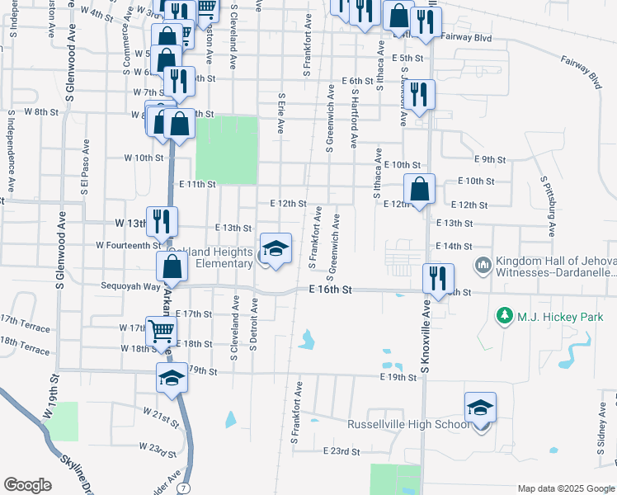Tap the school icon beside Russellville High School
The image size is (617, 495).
tap(480, 408)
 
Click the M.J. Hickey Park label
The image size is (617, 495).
tap(560, 317)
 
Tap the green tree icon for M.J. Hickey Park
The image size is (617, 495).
tap(504, 316)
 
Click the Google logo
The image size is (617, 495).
tap(27, 485)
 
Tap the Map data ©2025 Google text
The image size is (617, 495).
tap(565, 488)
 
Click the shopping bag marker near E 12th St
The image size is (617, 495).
tap(420, 188)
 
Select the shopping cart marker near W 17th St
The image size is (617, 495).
tap(162, 332)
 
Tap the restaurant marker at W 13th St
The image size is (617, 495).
tap(162, 221)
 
